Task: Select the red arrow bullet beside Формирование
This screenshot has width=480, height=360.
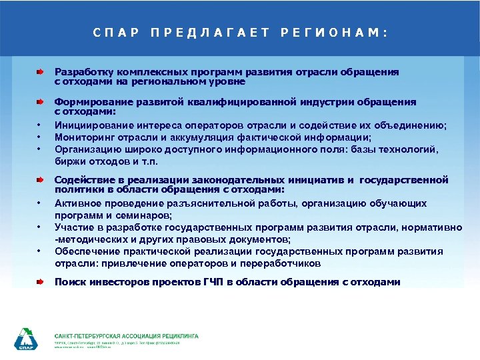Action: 41,102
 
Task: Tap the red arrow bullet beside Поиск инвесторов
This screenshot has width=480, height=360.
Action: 41,282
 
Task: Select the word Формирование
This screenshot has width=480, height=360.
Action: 90,102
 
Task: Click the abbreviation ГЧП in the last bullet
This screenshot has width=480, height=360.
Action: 211,282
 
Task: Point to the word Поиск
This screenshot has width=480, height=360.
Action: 70,282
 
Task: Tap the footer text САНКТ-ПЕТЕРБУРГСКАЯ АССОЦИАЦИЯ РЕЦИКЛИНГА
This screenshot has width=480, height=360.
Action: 126,335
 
